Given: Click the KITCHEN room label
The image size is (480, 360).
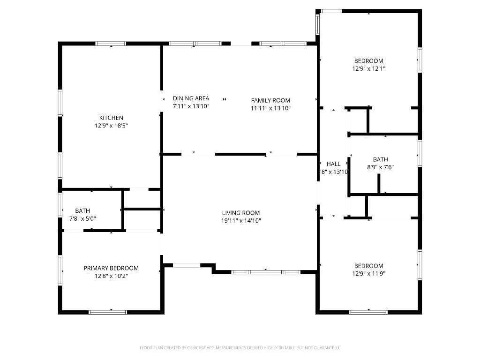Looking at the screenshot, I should (x=111, y=118).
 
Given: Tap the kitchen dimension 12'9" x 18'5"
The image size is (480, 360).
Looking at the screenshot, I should (x=111, y=126).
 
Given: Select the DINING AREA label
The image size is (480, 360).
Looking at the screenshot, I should (x=191, y=98).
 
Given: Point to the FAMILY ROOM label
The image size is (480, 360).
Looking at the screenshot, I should (x=270, y=100).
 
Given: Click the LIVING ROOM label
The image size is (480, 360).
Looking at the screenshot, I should (x=240, y=213).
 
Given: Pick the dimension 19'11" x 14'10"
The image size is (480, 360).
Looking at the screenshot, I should (x=240, y=221).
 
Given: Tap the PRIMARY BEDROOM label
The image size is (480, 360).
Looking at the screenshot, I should (x=111, y=268).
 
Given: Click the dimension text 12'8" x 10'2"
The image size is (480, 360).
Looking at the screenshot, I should (x=111, y=276).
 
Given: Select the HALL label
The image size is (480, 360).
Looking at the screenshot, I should (x=333, y=164).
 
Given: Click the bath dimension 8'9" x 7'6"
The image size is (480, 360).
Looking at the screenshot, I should (x=380, y=167).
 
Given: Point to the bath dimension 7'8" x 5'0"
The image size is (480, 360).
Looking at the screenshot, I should (x=82, y=218).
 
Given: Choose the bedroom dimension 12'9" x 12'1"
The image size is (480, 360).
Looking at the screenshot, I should (x=368, y=68).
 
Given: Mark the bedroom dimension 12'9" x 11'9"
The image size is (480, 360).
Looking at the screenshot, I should (x=368, y=274).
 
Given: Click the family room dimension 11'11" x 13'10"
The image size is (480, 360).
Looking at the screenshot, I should (x=270, y=108).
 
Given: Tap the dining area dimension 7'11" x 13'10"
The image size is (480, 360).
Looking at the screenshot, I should (x=191, y=106).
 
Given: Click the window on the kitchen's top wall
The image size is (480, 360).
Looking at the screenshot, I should (x=111, y=44).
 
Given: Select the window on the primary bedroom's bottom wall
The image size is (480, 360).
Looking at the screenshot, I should (x=108, y=312).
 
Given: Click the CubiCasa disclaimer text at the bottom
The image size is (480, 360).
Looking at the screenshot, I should (x=240, y=348).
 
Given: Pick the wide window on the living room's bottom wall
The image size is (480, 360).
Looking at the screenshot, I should (x=266, y=272).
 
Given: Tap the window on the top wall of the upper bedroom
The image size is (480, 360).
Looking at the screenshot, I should (x=331, y=11).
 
